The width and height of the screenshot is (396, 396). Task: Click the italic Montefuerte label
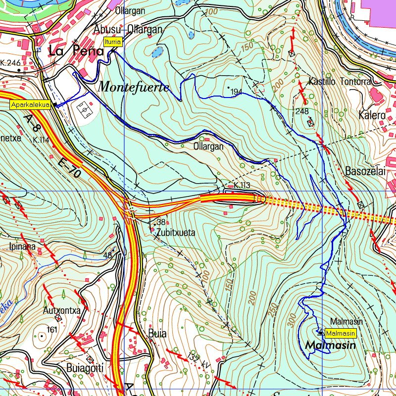134,87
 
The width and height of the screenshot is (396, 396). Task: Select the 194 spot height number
236,92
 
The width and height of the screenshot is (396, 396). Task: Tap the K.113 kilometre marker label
242,185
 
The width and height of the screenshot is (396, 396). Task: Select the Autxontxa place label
62,311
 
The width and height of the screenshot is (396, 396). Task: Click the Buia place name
157,334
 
